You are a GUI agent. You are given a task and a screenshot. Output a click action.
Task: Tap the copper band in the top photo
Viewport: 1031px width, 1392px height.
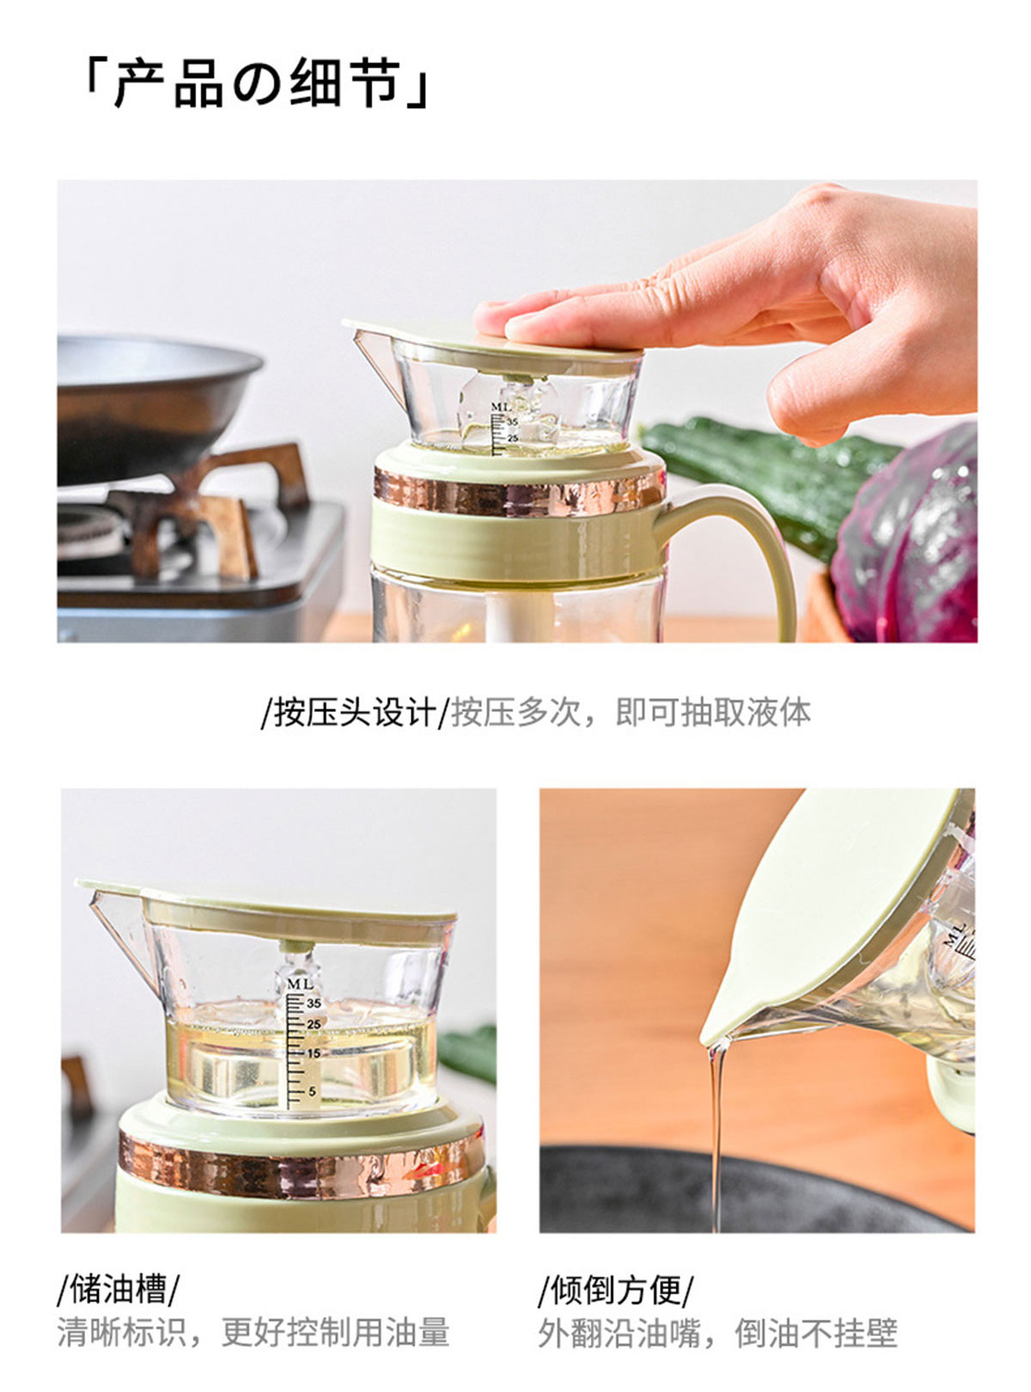pyautogui.click(x=519, y=492)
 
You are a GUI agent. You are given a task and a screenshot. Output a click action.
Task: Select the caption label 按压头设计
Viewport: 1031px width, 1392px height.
pyautogui.click(x=354, y=712)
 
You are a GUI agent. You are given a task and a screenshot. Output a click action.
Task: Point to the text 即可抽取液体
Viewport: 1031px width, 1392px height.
pyautogui.click(x=713, y=712)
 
